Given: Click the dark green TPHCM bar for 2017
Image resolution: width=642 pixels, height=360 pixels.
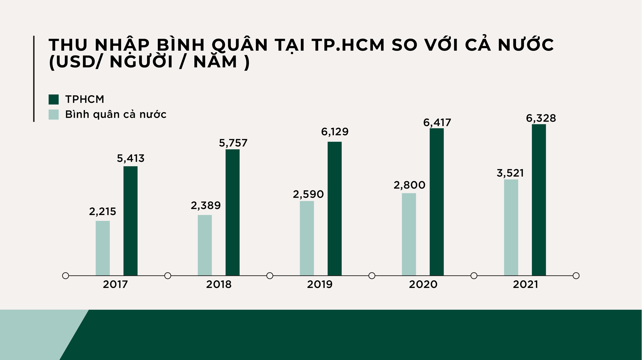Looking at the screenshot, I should [130, 221].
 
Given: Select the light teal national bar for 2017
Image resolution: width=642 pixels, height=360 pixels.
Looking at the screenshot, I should [103, 248].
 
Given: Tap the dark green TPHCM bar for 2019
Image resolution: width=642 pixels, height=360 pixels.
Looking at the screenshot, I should [334, 209].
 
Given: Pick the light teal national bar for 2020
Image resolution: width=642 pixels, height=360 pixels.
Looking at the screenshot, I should [409, 234].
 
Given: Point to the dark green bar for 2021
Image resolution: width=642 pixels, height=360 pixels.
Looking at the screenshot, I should [539, 200].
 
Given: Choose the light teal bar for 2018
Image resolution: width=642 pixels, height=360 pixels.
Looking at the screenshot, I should [205, 245].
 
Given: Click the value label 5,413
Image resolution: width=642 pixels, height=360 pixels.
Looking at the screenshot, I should [130, 159].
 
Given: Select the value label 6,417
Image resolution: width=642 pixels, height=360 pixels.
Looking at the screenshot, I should [437, 123].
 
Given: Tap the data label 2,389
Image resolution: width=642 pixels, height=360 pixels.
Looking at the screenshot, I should [206, 206].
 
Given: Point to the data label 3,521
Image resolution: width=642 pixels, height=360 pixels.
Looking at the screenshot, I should [510, 173].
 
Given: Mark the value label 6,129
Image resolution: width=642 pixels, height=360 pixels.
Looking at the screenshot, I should [334, 132].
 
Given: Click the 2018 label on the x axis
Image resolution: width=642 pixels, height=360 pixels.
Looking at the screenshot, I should [218, 285].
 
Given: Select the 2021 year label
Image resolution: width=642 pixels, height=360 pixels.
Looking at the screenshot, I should [525, 285].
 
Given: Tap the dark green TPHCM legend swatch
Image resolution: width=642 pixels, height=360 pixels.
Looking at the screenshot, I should [54, 99].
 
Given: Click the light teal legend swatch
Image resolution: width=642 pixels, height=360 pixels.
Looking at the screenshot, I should [54, 114].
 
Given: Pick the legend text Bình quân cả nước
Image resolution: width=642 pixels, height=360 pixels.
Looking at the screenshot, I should [116, 114].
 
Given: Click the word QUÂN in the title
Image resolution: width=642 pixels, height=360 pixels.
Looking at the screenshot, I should [240, 45].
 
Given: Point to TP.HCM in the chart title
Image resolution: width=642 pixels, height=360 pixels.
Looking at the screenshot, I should [348, 45].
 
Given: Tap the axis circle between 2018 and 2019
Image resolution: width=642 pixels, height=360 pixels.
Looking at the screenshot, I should [270, 276].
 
